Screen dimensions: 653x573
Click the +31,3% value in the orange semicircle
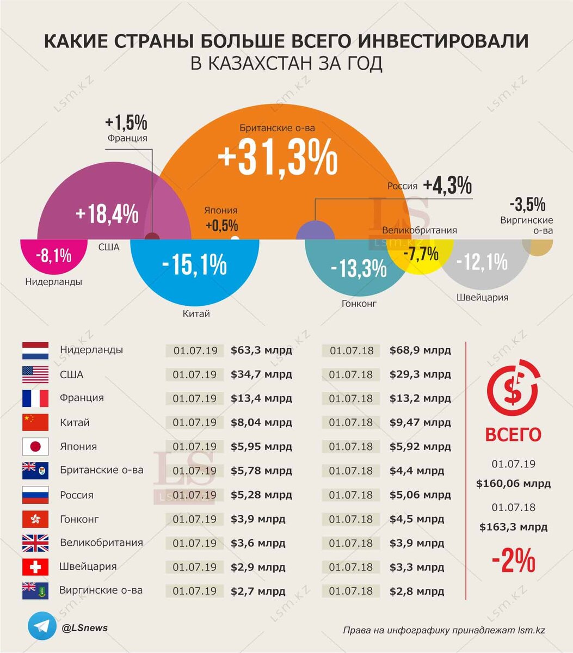coord(278,158)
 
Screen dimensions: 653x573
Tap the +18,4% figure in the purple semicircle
coord(107,214)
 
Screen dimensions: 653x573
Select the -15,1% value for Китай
coord(194,265)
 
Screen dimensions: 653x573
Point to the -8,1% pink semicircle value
coord(53,256)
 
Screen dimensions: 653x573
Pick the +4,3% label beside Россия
coord(447,186)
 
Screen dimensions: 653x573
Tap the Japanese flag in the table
coord(35,447)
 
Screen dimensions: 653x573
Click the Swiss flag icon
coord(35,567)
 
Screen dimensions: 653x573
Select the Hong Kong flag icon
coord(35,519)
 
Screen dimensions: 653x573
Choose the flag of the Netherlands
coord(35,350)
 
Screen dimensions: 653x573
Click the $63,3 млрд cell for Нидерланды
coord(261,350)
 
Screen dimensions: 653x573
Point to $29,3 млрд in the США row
coord(420,374)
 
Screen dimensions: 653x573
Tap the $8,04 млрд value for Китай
coord(261,422)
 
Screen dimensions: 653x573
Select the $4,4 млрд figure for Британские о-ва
coord(416,471)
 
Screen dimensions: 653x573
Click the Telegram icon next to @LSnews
coord(42,628)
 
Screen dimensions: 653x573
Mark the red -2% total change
coord(513,561)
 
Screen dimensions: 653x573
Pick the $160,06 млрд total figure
coord(513,483)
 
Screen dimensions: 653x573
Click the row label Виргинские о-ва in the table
coord(101,590)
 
